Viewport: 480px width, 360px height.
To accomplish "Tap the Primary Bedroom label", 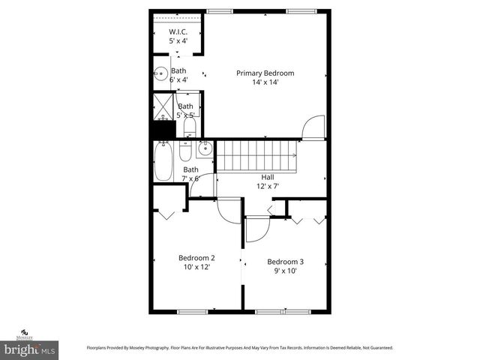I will pos(265,73).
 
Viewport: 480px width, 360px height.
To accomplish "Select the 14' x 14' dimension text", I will pos(265,82).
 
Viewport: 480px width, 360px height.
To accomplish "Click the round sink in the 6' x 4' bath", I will pos(160,74).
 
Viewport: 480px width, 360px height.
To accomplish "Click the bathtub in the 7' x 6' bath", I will pos(163,162).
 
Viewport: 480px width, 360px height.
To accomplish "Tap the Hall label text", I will pos(267,177).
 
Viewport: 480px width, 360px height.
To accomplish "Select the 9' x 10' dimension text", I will pos(285,271).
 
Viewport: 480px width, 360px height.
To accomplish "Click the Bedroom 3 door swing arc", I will pos(256,229).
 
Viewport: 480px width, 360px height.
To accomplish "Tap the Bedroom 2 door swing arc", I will pos(229,211).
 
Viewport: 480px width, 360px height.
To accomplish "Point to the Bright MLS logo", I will pos(29,349).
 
